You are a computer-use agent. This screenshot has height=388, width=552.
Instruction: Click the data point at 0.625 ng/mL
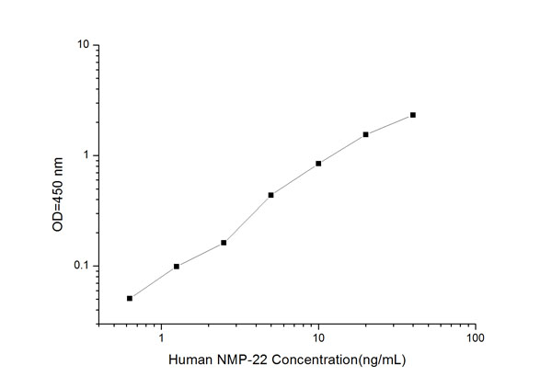(x=130, y=298)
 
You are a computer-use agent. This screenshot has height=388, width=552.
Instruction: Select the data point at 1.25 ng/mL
(x=177, y=267)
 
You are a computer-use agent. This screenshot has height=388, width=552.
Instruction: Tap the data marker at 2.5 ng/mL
(x=224, y=243)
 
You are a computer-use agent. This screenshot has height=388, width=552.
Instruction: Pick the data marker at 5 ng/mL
(x=271, y=195)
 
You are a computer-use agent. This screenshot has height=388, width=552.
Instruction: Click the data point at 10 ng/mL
(x=318, y=164)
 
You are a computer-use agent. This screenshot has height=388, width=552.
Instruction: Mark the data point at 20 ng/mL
(x=365, y=134)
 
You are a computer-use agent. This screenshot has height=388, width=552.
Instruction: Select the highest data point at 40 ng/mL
(x=413, y=115)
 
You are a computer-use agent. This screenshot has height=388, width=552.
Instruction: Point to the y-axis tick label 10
(x=83, y=45)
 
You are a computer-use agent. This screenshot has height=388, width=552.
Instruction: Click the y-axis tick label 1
(x=86, y=155)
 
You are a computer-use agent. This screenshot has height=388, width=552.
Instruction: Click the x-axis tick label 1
(x=162, y=338)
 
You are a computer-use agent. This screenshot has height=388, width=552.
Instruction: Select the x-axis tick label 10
(x=318, y=338)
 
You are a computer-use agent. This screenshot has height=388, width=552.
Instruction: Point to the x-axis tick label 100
(x=475, y=338)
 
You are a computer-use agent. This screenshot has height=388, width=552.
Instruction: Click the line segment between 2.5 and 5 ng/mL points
(x=247, y=219)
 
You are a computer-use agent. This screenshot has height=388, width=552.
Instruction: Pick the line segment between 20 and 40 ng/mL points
(x=389, y=124)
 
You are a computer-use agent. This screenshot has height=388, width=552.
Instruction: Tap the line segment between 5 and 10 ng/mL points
(x=294, y=179)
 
